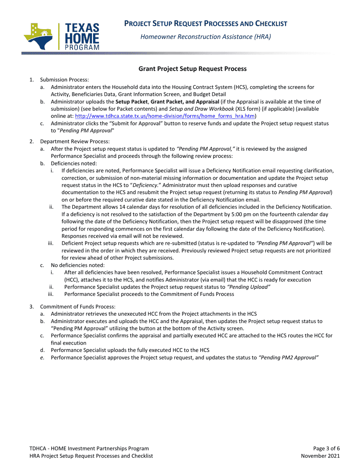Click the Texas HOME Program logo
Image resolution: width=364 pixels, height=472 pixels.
(61, 36)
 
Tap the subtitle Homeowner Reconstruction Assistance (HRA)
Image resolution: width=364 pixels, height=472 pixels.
(206, 37)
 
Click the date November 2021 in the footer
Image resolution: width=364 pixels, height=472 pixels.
(320, 456)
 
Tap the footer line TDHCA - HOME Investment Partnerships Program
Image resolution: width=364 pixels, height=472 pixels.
(89, 448)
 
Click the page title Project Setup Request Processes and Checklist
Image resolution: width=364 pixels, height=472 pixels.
(206, 24)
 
